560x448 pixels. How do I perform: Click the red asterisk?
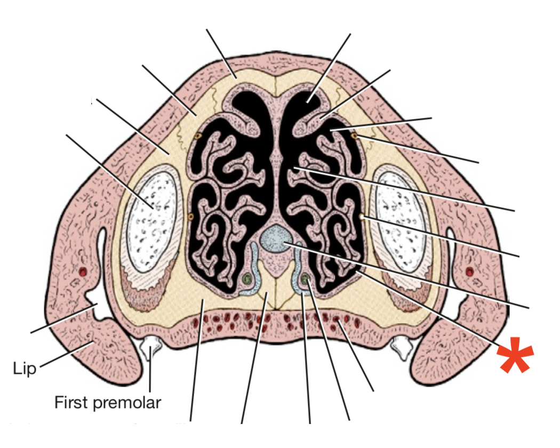pos(515,355)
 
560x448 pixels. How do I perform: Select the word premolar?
pos(126,402)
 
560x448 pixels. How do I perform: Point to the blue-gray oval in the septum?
pos(276,238)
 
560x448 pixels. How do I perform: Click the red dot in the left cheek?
pos(82,272)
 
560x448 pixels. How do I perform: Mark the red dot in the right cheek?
pos(469,272)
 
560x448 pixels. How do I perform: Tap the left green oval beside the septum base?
pos(246,278)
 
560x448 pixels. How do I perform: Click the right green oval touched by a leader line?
pos(305,278)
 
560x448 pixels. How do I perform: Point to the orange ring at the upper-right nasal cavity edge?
pos(354,137)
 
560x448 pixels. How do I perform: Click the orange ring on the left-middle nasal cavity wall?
pos(190,217)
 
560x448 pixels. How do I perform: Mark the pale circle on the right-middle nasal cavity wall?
pos(362,218)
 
